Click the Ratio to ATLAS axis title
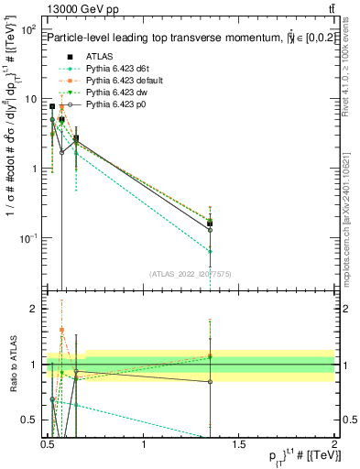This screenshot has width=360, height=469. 13,365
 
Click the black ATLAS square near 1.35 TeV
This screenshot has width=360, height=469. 211,223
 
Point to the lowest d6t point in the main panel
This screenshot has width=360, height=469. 211,251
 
